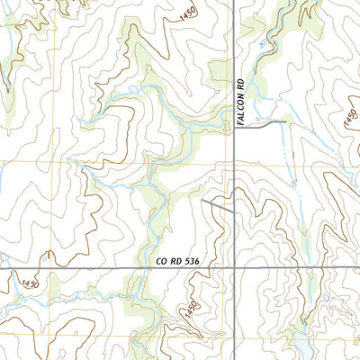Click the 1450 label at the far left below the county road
tap(29, 284)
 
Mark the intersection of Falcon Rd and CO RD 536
tap(234, 267)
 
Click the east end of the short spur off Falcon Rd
tap(285, 121)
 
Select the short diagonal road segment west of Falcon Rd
tap(218, 207)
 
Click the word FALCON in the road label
tap(240, 112)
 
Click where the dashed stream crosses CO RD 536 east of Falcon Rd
tap(310, 267)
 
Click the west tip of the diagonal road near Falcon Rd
tap(203, 202)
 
